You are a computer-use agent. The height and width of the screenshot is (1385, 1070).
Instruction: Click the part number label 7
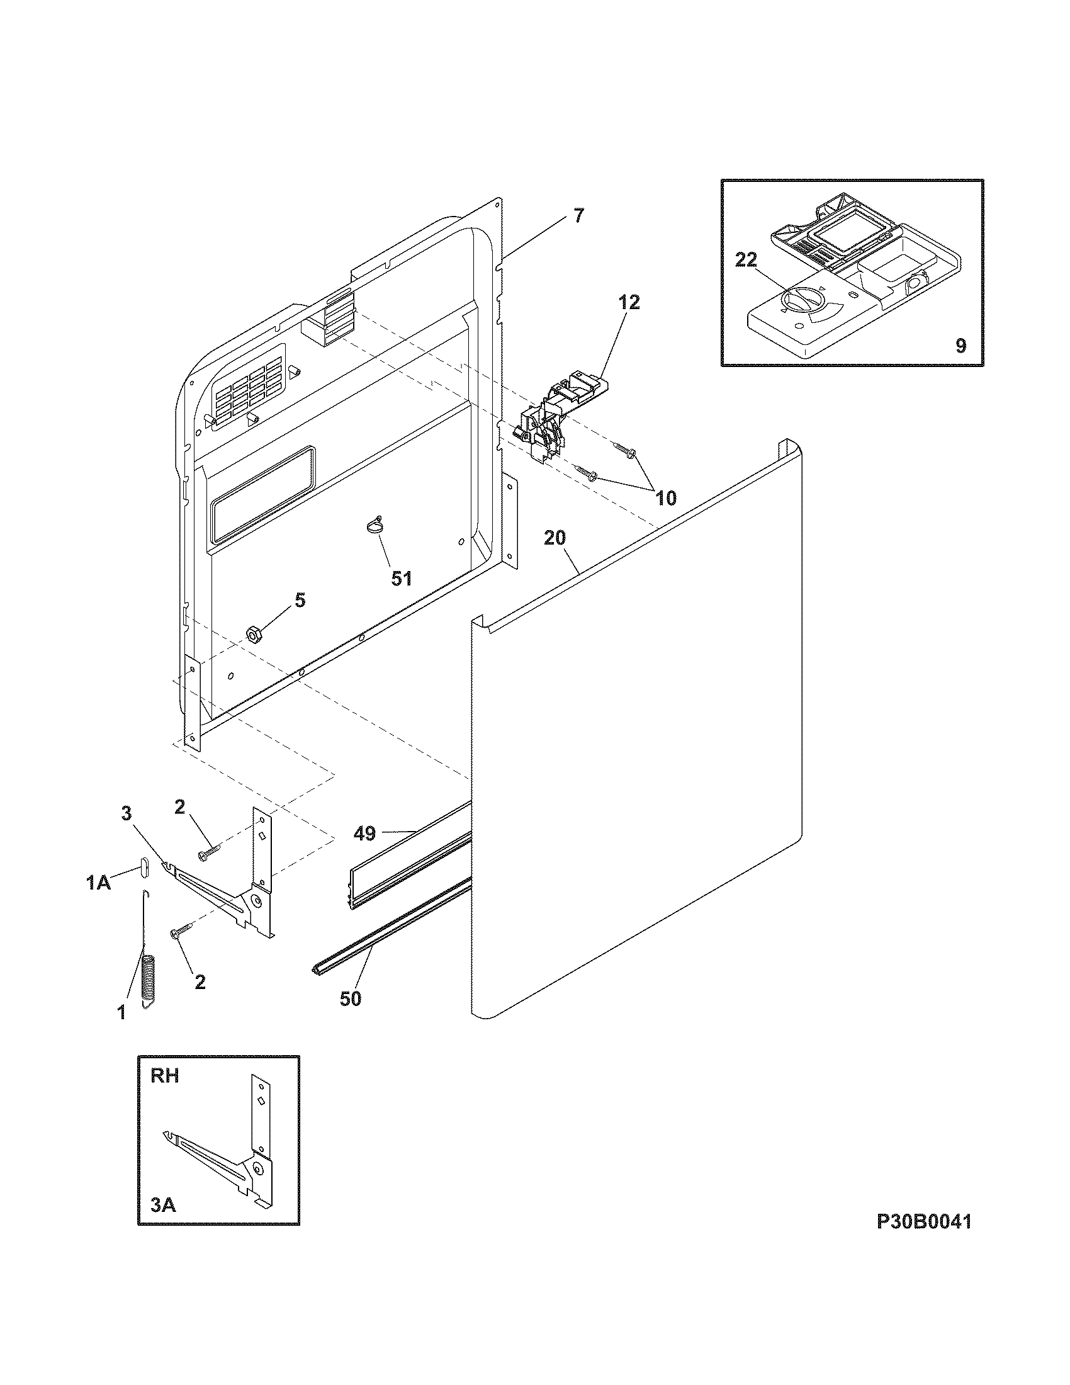coord(578,216)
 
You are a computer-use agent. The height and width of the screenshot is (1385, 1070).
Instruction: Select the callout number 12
coord(626,302)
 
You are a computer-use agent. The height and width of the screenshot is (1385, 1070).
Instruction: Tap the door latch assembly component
coord(551,415)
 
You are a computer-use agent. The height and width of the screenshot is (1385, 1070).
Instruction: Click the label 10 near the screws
coord(665,498)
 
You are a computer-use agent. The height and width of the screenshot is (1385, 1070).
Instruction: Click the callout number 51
coord(402,578)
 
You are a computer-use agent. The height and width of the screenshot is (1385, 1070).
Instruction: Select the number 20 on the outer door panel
coord(555,538)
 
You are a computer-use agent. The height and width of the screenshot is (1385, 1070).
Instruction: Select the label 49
coord(364,834)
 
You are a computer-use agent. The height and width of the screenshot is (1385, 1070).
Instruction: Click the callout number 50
coord(350,999)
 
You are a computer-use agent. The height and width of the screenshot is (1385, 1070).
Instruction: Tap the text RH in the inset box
coord(165,1076)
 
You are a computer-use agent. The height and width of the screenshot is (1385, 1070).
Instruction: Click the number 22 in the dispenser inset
coord(746,260)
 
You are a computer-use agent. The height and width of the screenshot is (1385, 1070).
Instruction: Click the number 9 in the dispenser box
coord(960,346)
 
